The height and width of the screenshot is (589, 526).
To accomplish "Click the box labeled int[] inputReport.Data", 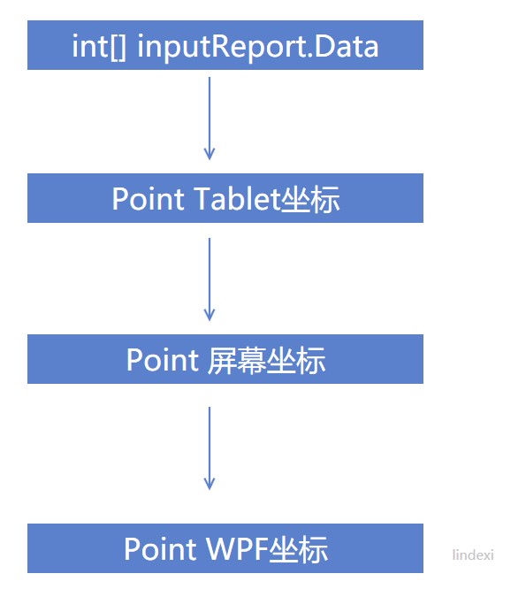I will (x=225, y=45).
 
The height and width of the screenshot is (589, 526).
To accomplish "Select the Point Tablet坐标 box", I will (x=225, y=198).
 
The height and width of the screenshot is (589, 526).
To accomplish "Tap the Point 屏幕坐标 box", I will (x=225, y=359).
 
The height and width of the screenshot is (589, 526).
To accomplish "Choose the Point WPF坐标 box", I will (x=225, y=548).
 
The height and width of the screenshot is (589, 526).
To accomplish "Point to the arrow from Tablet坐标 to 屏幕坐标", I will (x=210, y=278).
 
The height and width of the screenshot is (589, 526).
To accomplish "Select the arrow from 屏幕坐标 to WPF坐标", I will (x=210, y=447).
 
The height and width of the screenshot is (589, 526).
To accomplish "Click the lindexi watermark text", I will (x=473, y=555).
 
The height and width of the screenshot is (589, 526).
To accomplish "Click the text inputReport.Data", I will (x=258, y=46).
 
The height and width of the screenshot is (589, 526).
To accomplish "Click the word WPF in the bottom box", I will (x=233, y=549).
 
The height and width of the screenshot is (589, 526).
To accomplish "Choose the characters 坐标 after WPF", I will (x=299, y=549).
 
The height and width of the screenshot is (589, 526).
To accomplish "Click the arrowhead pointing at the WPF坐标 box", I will (x=210, y=485).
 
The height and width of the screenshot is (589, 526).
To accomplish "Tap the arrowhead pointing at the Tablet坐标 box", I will (x=210, y=155).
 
